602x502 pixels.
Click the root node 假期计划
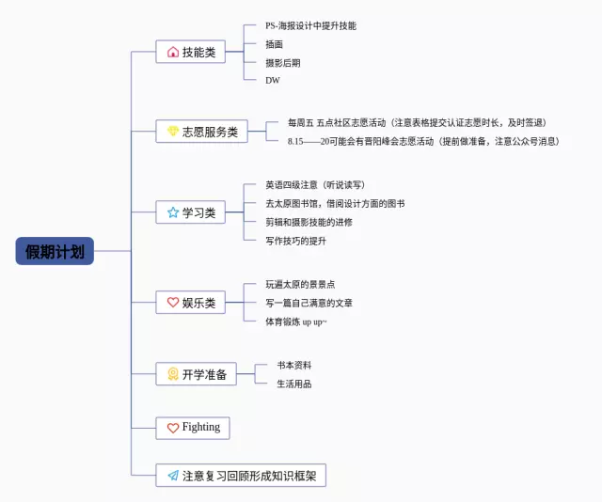point(54,251)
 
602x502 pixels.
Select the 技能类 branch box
point(191,53)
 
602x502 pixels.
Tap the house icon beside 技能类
point(173,53)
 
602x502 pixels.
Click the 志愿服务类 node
point(202,132)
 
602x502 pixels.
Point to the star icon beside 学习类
point(173,212)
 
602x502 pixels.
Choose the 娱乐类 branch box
point(191,303)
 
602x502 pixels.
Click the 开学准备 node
point(197,374)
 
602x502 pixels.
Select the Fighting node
point(193,428)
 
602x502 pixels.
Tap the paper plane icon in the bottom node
point(173,476)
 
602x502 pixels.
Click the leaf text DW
point(273,80)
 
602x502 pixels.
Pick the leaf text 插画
point(275,44)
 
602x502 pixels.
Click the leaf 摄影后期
point(283,62)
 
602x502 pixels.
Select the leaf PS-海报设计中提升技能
point(310,26)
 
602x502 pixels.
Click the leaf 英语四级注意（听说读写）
point(315,185)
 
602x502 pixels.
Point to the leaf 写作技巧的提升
point(296,240)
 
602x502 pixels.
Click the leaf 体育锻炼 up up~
point(296,322)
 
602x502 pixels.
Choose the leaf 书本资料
point(294,365)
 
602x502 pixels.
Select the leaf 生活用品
point(294,384)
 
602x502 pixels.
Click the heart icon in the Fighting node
point(173,428)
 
